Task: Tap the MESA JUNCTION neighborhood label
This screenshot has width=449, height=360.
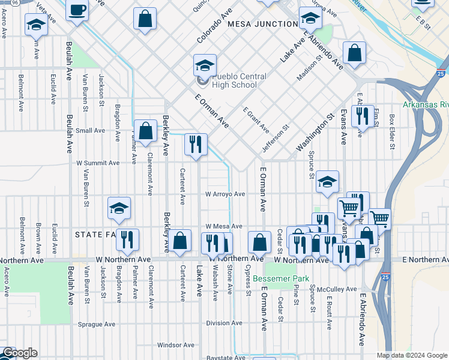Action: pos(262,24)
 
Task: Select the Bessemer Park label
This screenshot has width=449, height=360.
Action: pos(280,278)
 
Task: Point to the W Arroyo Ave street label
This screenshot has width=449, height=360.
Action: pos(225,194)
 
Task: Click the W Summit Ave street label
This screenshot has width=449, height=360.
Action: pos(98,163)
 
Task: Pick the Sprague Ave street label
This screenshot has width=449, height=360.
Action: pos(96,324)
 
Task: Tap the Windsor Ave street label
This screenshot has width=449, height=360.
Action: pos(175,345)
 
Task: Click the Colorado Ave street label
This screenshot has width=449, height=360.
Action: pos(213,29)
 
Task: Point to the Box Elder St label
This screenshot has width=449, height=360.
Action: pos(391,132)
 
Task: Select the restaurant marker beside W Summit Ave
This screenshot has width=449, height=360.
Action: pos(196,145)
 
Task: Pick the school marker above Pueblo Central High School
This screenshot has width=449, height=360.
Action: pos(205,65)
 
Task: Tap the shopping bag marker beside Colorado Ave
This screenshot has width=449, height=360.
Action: pos(145,18)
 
